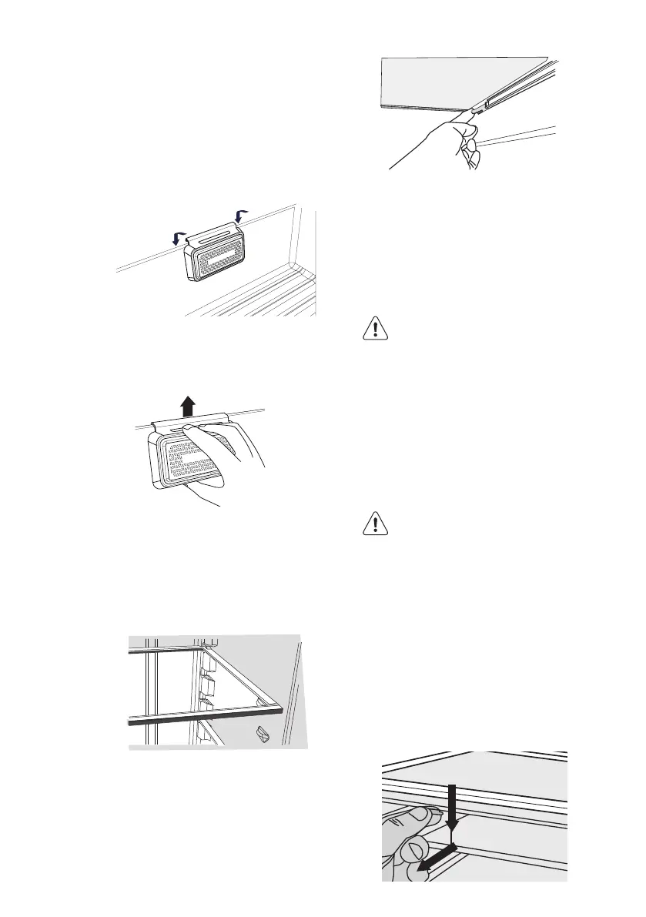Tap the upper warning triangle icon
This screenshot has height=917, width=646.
[x=373, y=330]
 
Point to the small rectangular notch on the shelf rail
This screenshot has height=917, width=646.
[x=487, y=102]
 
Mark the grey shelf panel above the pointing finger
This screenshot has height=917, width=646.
[x=447, y=81]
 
